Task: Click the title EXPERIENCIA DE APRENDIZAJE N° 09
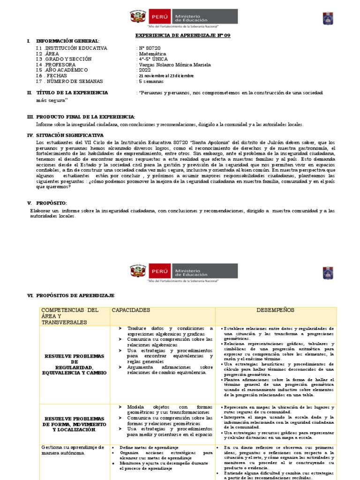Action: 176,36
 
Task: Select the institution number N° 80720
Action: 150,48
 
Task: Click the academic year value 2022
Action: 144,70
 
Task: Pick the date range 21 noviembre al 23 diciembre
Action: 165,75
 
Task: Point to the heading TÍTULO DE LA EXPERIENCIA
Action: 72,93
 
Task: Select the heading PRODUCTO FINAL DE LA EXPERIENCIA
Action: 86,117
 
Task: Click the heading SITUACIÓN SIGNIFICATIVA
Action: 70,135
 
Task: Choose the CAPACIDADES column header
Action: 131,310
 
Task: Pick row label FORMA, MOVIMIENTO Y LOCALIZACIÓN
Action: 75,424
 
